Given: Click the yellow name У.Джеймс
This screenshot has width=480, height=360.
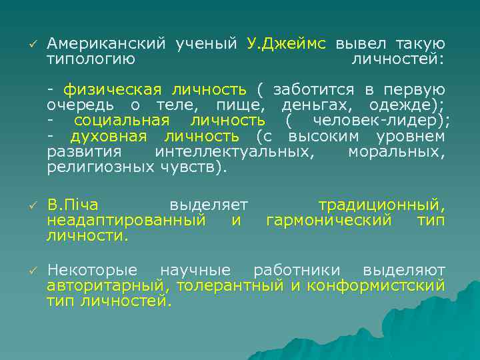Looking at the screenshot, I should click(287, 44).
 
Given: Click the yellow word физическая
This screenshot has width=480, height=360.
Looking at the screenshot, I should click(113, 90).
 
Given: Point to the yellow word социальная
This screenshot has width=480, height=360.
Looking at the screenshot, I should click(121, 121).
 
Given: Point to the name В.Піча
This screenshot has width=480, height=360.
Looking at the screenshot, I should click(73, 205).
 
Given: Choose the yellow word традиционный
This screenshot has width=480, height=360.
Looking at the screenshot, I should click(381, 205).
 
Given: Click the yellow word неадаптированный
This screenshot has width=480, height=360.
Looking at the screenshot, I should click(126, 220).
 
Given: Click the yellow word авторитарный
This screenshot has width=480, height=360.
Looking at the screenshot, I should click(107, 285).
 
